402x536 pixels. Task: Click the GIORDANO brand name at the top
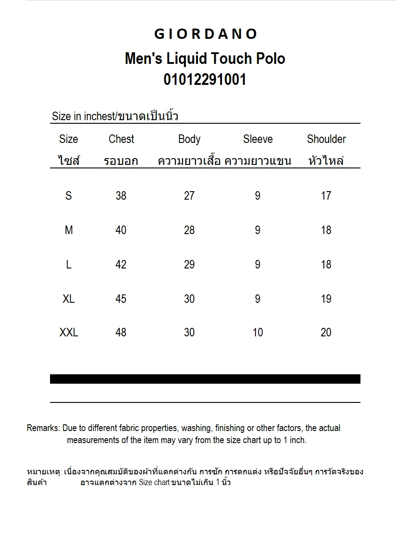point(205,34)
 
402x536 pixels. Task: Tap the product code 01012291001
point(205,80)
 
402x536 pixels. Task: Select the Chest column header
point(121,139)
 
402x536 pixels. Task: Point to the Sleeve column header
point(258,139)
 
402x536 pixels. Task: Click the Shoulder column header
point(326,139)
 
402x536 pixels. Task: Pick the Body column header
point(189,139)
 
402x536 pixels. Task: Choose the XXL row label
point(69,332)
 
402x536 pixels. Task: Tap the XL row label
point(69,298)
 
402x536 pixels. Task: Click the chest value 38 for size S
point(121,195)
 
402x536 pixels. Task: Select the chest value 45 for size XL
point(121,298)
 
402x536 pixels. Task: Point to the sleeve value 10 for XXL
point(258,332)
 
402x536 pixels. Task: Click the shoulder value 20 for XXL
point(326,332)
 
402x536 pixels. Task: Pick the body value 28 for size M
point(189,230)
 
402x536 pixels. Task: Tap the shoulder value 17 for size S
point(326,195)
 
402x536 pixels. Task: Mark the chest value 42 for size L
point(121,264)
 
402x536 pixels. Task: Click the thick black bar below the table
point(205,379)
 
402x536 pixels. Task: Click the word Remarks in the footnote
point(43,428)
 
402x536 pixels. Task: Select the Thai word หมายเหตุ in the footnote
point(44,471)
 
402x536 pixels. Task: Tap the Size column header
point(68,139)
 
